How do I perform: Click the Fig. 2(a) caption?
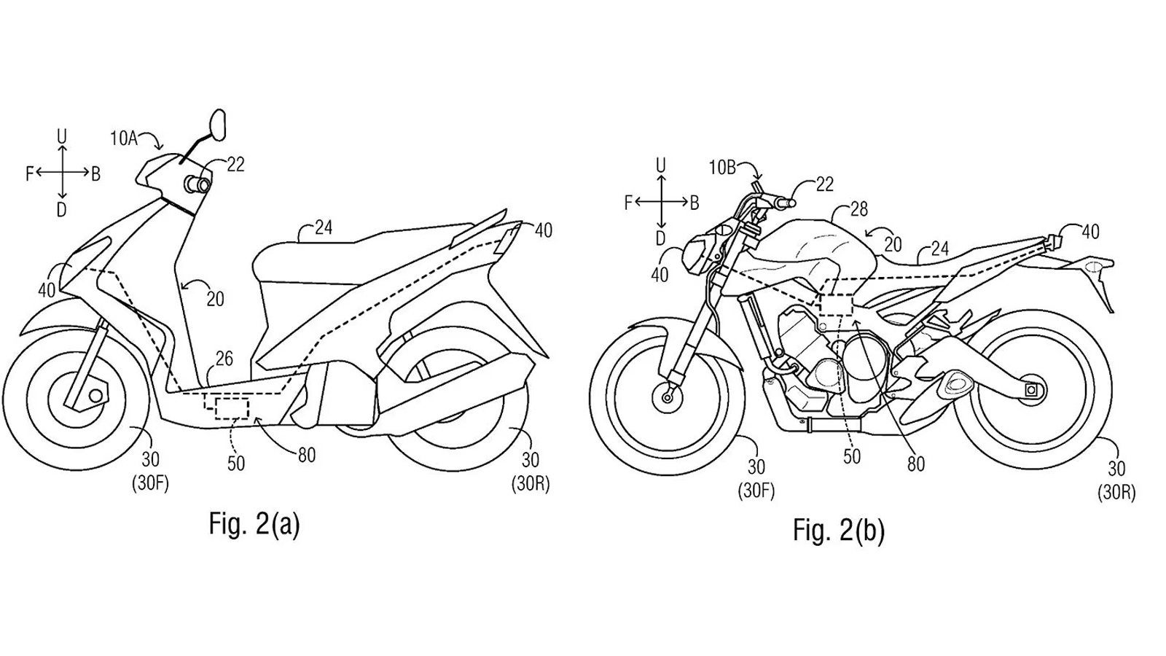point(254,524)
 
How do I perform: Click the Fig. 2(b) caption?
point(839,531)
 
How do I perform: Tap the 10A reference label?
point(123,138)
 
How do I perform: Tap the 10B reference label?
point(722,168)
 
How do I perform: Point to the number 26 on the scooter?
point(224,358)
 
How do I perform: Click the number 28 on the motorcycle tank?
point(858,210)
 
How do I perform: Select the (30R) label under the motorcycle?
point(1116,493)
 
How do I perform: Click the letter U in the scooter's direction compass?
point(62,136)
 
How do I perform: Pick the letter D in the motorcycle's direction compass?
point(660,238)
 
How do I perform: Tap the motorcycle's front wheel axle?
point(667,398)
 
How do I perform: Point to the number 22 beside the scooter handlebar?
point(235,165)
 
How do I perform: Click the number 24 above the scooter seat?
point(324,227)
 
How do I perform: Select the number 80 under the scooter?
point(307,455)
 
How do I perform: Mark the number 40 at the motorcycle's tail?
point(1090,232)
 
